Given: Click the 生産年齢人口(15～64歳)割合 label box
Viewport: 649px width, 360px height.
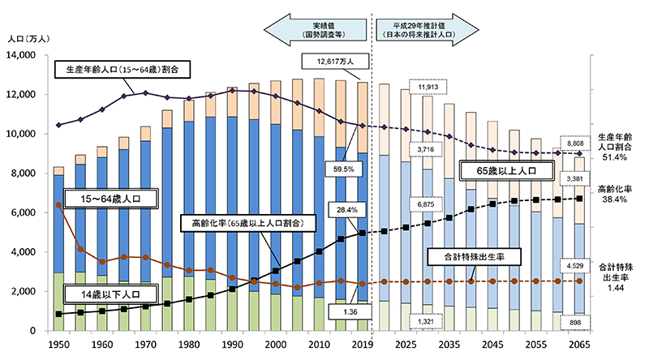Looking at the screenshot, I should click(122, 69).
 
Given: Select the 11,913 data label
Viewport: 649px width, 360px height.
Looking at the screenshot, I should click(428, 87).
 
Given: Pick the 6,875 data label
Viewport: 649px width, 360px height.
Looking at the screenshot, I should click(427, 204).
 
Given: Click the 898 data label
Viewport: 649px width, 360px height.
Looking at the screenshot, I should click(578, 321).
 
